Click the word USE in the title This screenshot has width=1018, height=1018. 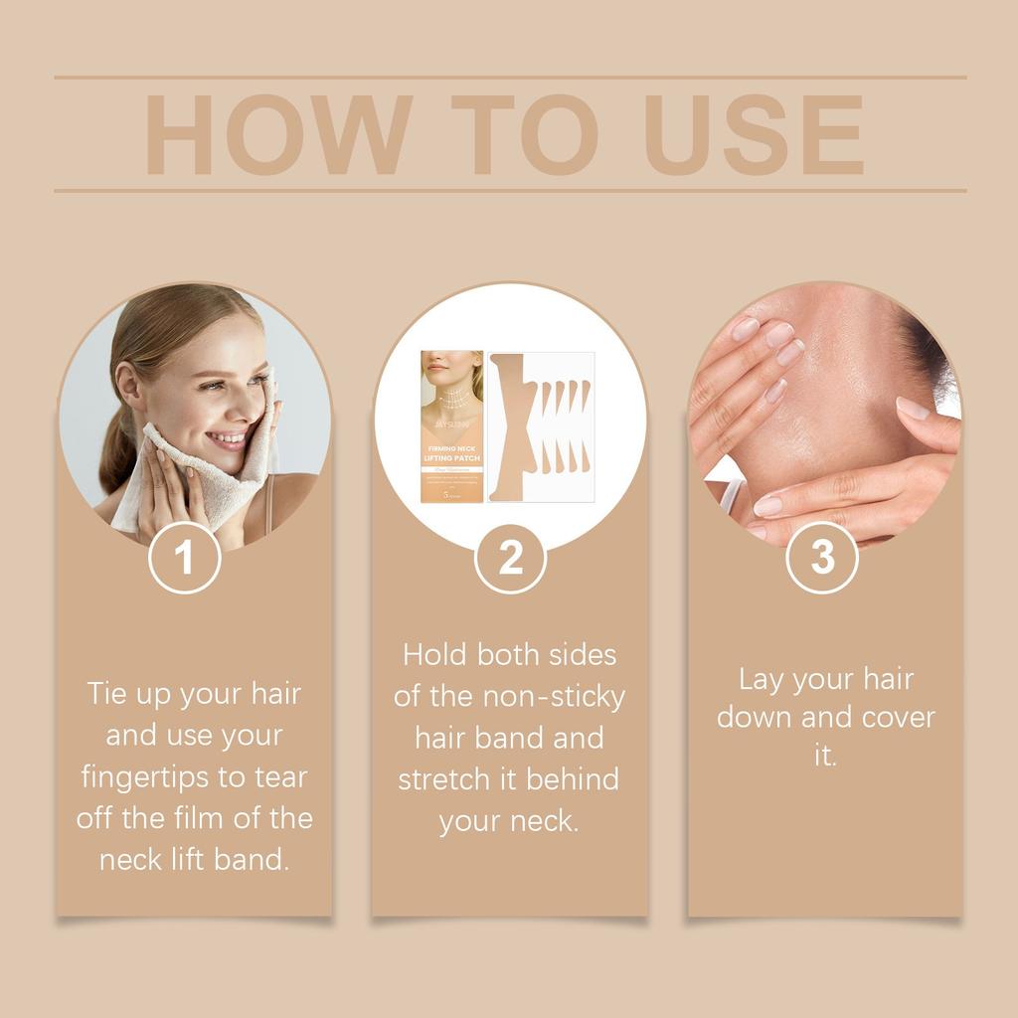click(x=755, y=135)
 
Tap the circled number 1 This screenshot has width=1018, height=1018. click(x=184, y=559)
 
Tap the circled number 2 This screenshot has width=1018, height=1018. click(x=510, y=559)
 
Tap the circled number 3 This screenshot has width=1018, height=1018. click(x=822, y=559)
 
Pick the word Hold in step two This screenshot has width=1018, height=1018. click(x=434, y=654)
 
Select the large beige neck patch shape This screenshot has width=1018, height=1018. click(x=511, y=427)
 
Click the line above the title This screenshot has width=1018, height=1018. click(x=509, y=78)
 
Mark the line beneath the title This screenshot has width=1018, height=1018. click(x=509, y=190)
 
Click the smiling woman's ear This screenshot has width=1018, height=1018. click(x=130, y=383)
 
